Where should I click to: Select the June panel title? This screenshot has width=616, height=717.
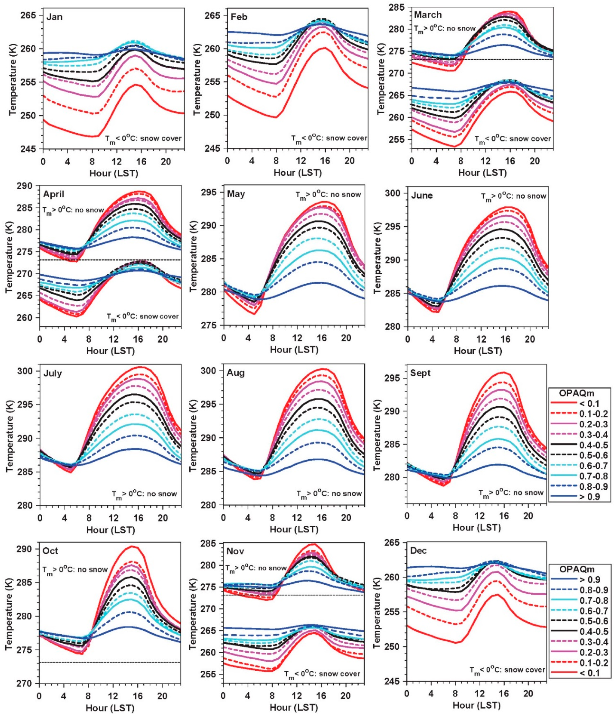click(422, 196)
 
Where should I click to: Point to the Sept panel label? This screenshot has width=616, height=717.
click(420, 373)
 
